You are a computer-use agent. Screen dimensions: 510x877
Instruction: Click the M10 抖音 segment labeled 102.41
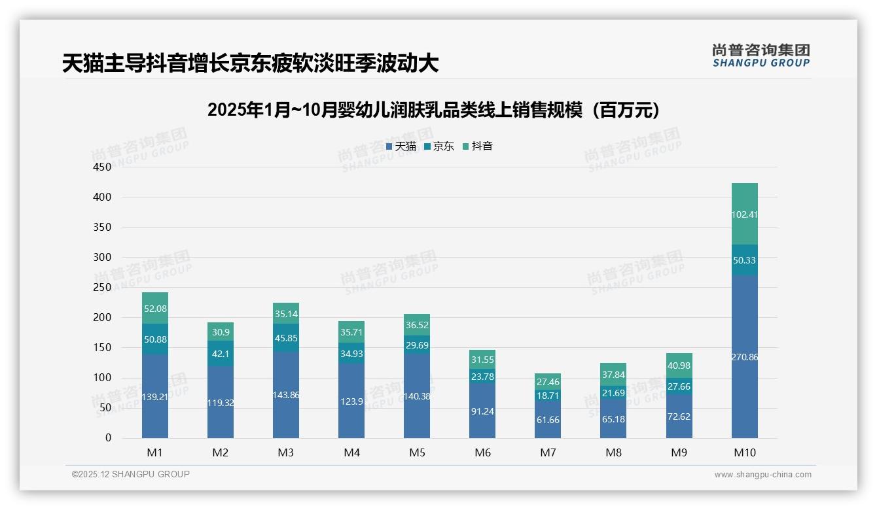pos(744,214)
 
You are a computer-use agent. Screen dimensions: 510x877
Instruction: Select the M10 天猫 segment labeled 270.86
pos(744,357)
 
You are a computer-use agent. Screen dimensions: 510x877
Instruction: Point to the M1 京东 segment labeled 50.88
pos(155,339)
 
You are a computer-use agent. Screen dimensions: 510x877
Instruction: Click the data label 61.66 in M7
pos(548,420)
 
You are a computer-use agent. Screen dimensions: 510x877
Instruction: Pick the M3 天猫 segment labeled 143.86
pos(286,395)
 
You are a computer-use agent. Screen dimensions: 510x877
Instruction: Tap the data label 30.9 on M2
pos(221,332)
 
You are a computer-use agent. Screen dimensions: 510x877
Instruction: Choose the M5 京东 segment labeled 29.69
pos(417,345)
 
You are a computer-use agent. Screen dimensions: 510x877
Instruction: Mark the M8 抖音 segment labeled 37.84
pos(613,375)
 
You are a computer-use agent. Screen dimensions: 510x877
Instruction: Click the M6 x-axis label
pos(482,452)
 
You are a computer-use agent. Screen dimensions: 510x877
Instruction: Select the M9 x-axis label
pos(679,452)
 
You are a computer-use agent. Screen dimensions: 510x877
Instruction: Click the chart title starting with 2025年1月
pos(433,110)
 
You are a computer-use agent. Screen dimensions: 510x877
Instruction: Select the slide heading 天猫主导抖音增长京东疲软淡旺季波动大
pos(250,63)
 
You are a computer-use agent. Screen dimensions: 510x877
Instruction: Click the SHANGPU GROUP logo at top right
pos(761,56)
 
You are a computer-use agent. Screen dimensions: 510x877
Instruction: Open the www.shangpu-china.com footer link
pos(762,475)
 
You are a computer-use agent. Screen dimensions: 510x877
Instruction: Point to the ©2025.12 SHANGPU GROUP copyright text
pos(131,475)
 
